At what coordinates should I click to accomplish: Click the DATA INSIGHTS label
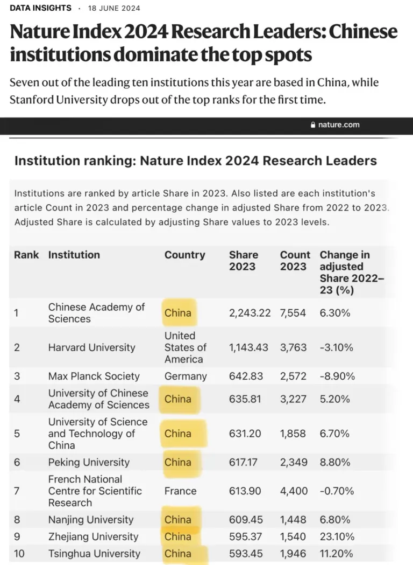[x=40, y=8]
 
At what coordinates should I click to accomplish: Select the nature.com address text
[x=339, y=125]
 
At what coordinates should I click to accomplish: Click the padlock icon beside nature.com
[x=314, y=125]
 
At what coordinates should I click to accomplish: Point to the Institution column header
[x=74, y=255]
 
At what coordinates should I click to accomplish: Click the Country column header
[x=184, y=255]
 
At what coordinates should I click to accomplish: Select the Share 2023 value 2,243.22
[x=250, y=313]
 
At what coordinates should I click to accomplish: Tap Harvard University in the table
[x=91, y=347]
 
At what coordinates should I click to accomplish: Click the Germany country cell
[x=186, y=376]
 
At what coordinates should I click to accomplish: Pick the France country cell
[x=180, y=491]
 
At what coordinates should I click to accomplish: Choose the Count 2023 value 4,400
[x=294, y=491]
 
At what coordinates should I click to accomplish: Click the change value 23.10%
[x=337, y=536]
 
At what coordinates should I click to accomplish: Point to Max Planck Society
[x=94, y=376]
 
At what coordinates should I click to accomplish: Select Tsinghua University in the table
[x=94, y=554]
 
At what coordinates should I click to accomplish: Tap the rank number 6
[x=17, y=462]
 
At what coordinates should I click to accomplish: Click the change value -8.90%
[x=337, y=376]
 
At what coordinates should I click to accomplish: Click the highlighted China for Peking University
[x=178, y=462]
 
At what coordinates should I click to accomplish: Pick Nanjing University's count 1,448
[x=293, y=520]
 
